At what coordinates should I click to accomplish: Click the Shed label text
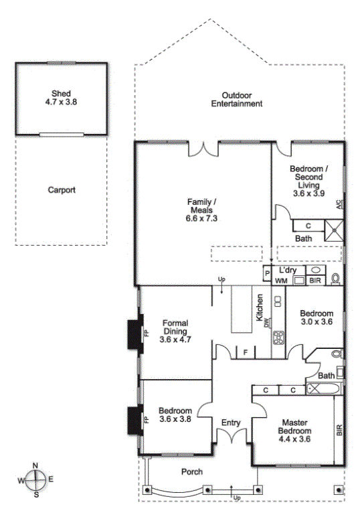pyautogui.click(x=61, y=94)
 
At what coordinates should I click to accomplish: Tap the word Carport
pyautogui.click(x=62, y=190)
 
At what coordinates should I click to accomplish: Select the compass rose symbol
pyautogui.click(x=35, y=480)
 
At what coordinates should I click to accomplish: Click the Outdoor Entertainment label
pyautogui.click(x=237, y=100)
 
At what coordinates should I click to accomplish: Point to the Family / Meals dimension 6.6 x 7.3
pyautogui.click(x=201, y=218)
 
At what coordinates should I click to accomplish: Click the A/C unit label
pyautogui.click(x=339, y=204)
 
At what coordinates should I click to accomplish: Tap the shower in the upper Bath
pyautogui.click(x=334, y=230)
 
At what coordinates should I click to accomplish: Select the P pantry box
pyautogui.click(x=268, y=273)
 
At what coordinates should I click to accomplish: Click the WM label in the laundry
pyautogui.click(x=281, y=281)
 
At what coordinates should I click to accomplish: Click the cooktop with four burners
pyautogui.click(x=278, y=338)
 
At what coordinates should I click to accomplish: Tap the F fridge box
pyautogui.click(x=246, y=352)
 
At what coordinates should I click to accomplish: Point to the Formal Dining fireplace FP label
pyautogui.click(x=147, y=333)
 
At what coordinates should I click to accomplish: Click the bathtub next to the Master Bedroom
pyautogui.click(x=323, y=388)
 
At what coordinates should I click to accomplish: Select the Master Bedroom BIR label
pyautogui.click(x=339, y=431)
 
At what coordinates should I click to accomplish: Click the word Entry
pyautogui.click(x=231, y=423)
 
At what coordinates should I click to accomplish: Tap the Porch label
pyautogui.click(x=192, y=471)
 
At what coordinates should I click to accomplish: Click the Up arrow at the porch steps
pyautogui.click(x=232, y=491)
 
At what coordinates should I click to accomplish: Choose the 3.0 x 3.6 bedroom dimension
pyautogui.click(x=317, y=321)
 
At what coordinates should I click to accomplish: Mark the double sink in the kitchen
pyautogui.click(x=278, y=301)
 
